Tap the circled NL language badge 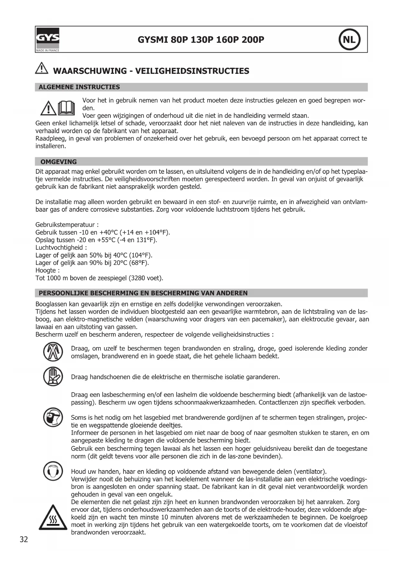click(x=349, y=40)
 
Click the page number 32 click(x=24, y=539)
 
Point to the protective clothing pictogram click(x=53, y=352)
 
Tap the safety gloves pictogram click(x=53, y=376)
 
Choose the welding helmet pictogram click(x=53, y=417)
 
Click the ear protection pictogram click(x=53, y=471)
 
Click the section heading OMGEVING click(x=59, y=162)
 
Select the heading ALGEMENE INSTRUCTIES click(x=79, y=87)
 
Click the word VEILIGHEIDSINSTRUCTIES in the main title click(x=192, y=71)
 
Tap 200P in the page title click(x=253, y=40)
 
